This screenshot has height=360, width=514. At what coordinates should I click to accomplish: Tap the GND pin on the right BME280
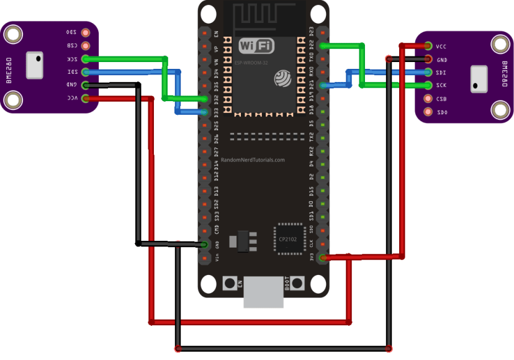[x=428, y=60]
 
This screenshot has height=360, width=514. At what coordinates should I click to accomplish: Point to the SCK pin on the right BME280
[x=428, y=86]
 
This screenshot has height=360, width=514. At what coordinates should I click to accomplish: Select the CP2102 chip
[x=287, y=238]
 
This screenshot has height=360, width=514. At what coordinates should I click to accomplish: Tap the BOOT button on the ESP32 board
[x=298, y=284]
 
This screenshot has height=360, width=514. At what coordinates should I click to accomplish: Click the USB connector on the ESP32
[x=263, y=293]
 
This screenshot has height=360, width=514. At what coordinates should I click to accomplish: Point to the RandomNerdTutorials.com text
[x=253, y=160]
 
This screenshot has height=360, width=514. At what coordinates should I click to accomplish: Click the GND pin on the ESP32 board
[x=204, y=245]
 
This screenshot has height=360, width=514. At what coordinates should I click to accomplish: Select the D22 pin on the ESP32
[x=322, y=45]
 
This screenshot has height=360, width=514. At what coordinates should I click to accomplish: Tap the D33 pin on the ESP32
[x=204, y=112]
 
